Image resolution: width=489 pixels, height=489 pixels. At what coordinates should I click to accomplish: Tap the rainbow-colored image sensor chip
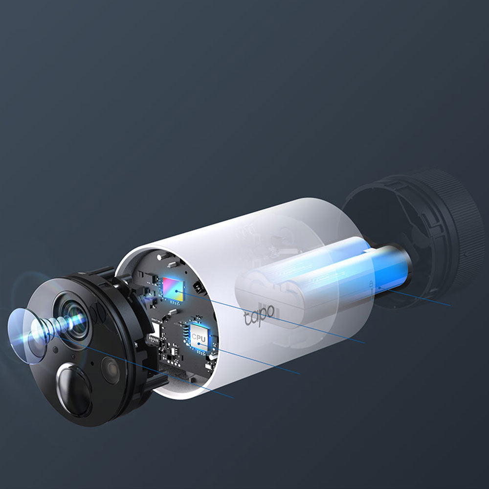pyautogui.click(x=173, y=289)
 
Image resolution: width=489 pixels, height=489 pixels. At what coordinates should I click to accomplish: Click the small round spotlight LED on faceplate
pyautogui.click(x=111, y=370)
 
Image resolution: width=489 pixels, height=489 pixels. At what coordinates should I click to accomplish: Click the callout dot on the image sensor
pyautogui.click(x=176, y=291)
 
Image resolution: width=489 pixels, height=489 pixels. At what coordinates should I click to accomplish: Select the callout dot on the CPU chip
pyautogui.click(x=199, y=343)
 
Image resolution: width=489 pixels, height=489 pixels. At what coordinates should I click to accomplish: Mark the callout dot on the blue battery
pyautogui.click(x=379, y=288)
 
